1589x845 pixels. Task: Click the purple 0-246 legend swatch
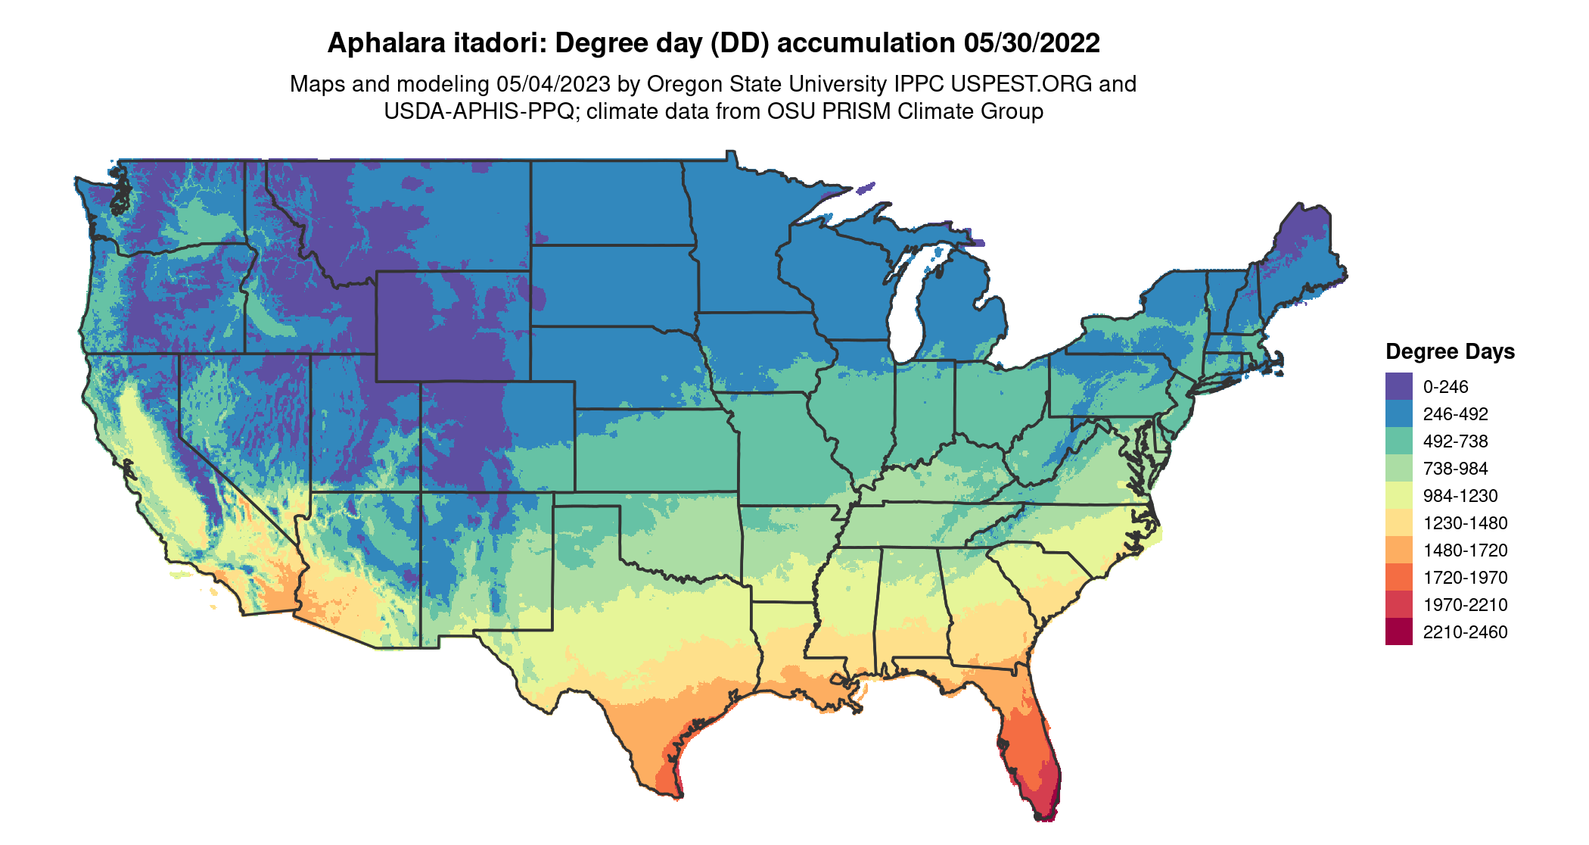1398,386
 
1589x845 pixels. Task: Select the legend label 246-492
1455,414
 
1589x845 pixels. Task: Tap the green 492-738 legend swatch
1398,441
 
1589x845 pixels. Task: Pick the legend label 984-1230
1460,496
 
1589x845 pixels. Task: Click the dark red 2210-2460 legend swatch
1398,631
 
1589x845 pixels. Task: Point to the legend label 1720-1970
1465,578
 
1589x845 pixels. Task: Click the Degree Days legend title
1450,351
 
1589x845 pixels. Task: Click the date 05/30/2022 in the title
1031,43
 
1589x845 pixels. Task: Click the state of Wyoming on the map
452,326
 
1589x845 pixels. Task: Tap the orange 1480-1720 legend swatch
1398,550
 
